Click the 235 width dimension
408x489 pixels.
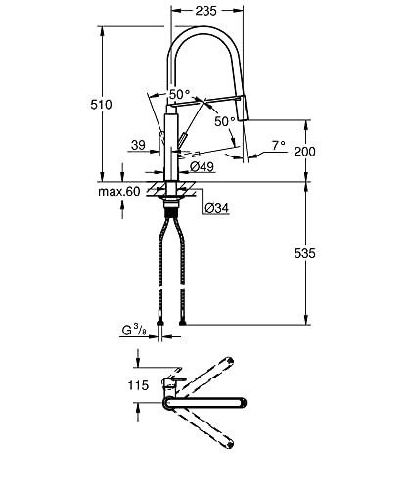click(x=204, y=10)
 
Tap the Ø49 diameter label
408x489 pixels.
click(x=203, y=167)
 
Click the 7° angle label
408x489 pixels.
click(x=278, y=146)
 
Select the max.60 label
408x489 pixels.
click(x=119, y=191)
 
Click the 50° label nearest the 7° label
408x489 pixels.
click(x=225, y=121)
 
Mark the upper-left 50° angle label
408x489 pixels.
click(x=178, y=94)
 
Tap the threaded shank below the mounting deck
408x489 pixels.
click(x=173, y=206)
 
